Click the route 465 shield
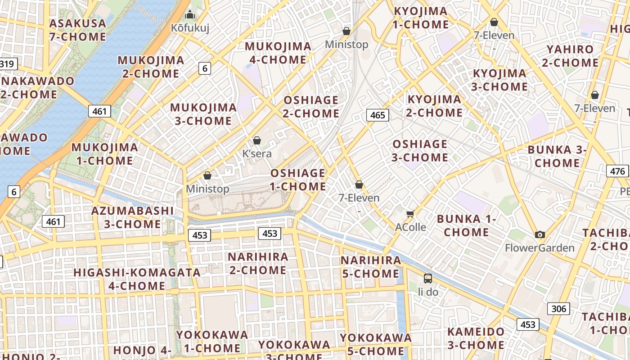click(377, 115)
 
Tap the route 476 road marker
click(617, 171)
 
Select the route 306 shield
click(558, 309)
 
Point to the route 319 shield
click(8, 64)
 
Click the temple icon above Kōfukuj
click(190, 15)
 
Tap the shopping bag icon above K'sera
click(257, 141)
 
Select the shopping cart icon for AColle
click(410, 214)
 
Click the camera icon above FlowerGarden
click(540, 234)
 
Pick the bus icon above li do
click(428, 279)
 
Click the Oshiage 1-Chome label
click(298, 180)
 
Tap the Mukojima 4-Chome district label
click(278, 53)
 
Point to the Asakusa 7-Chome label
click(77, 30)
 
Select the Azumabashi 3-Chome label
click(132, 217)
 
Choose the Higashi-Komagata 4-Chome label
click(137, 279)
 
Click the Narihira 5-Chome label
click(371, 267)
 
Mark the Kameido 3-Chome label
click(476, 338)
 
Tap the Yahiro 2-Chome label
click(570, 56)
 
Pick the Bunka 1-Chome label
click(466, 225)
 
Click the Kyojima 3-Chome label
click(499, 80)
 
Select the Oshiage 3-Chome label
click(420, 151)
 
